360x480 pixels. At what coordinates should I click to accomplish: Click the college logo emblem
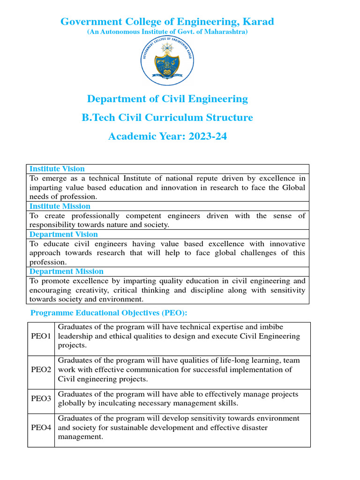click(167, 61)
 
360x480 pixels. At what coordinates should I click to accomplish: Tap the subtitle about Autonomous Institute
click(167, 32)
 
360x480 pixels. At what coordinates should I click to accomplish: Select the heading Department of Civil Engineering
click(167, 99)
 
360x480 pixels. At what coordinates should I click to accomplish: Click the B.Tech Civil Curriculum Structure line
click(167, 118)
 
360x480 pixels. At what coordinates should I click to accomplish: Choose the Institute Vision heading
click(57, 169)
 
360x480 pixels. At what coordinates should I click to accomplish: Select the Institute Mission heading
click(60, 206)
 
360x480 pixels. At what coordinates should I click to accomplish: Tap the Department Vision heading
click(64, 234)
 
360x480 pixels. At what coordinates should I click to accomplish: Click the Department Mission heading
click(67, 271)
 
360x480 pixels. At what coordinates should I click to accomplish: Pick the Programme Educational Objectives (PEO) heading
click(109, 313)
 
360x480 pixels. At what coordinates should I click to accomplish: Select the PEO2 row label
click(41, 370)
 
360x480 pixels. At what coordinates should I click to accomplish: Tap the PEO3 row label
click(41, 399)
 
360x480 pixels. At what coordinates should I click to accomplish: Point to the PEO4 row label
click(41, 428)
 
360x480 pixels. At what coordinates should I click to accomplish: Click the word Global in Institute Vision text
click(292, 187)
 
